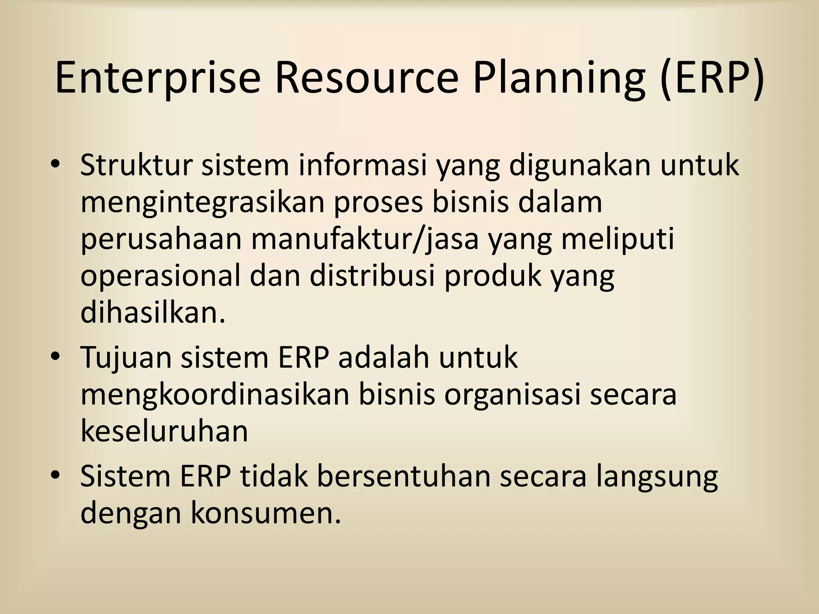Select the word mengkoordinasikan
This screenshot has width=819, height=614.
(x=214, y=394)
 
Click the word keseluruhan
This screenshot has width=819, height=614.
(x=164, y=431)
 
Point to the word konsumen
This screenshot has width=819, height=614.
(x=266, y=512)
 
